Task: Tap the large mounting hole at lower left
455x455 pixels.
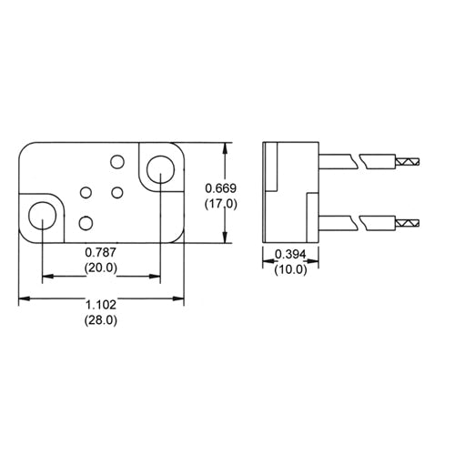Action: point(42,217)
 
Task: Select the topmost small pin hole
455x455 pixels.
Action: point(116,161)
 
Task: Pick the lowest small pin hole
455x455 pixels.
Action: point(86,222)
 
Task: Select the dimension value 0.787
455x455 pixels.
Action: point(100,252)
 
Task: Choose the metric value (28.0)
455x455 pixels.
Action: point(100,321)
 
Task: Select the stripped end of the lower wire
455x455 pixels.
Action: point(406,222)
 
